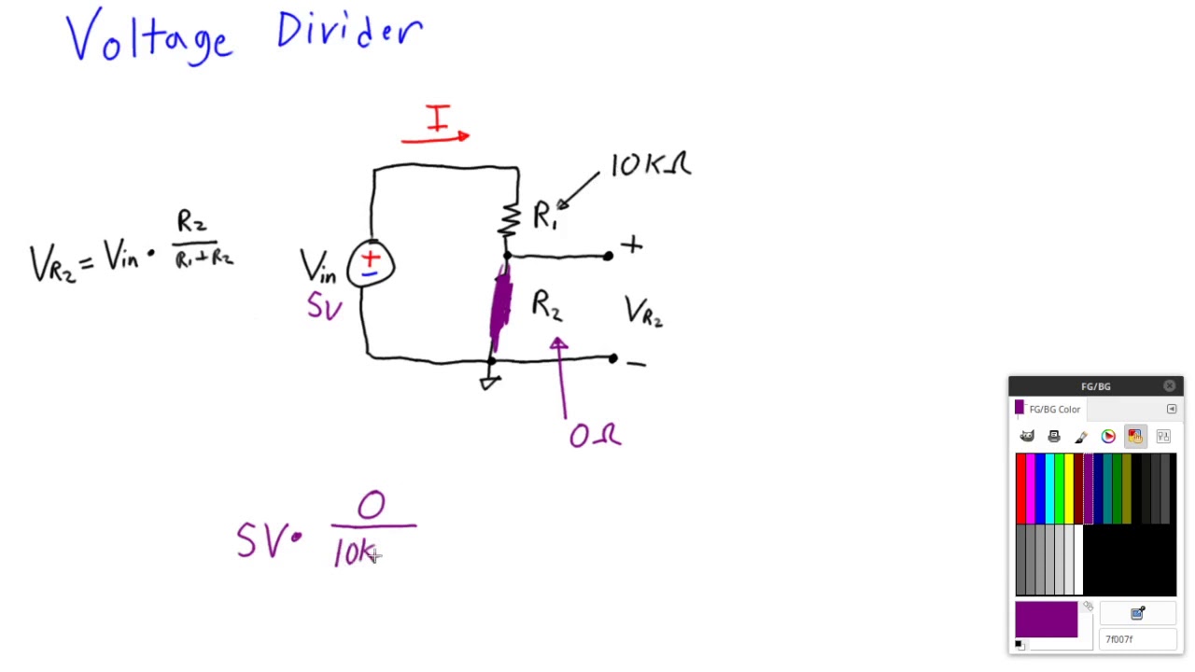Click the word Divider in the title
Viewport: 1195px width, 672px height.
[x=349, y=32]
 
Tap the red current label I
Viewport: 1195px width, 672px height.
[x=437, y=119]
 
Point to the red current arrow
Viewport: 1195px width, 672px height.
[x=436, y=139]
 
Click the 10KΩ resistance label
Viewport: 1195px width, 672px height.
[x=651, y=165]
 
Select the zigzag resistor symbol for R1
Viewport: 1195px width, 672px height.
[x=510, y=219]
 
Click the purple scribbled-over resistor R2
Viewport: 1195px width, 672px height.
[x=501, y=303]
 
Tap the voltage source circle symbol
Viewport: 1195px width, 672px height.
[x=371, y=263]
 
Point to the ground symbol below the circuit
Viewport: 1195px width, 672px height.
[x=490, y=382]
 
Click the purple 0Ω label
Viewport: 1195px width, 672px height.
[x=595, y=435]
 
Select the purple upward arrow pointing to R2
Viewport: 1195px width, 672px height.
[x=561, y=378]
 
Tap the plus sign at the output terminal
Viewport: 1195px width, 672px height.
[x=632, y=245]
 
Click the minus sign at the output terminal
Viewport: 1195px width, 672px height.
[x=636, y=364]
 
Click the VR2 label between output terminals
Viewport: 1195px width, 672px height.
[x=643, y=313]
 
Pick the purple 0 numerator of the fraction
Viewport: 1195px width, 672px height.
[x=371, y=506]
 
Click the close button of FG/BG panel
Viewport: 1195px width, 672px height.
[x=1170, y=385]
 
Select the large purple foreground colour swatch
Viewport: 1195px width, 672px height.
[x=1046, y=620]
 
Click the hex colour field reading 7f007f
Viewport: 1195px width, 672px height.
[x=1137, y=639]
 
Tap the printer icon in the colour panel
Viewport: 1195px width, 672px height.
[x=1054, y=436]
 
